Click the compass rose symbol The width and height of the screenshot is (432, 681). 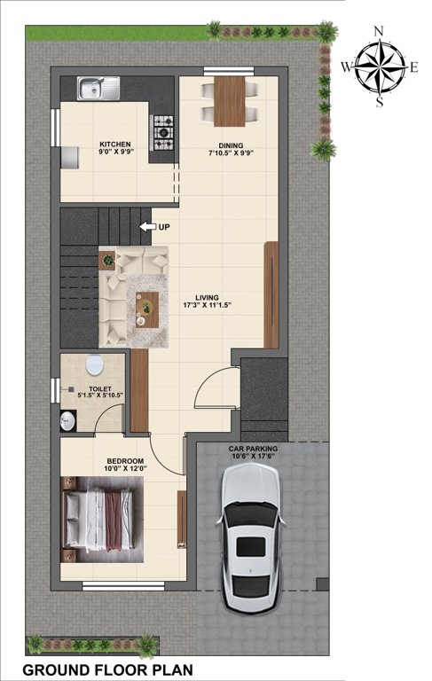click(380, 67)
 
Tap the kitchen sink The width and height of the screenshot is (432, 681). click(98, 88)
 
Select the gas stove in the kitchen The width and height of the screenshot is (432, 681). click(163, 132)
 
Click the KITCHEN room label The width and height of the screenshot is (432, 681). click(115, 144)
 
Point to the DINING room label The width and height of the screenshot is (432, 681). click(231, 145)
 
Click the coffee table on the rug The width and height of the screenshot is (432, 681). click(146, 307)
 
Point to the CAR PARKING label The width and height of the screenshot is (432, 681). click(254, 450)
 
